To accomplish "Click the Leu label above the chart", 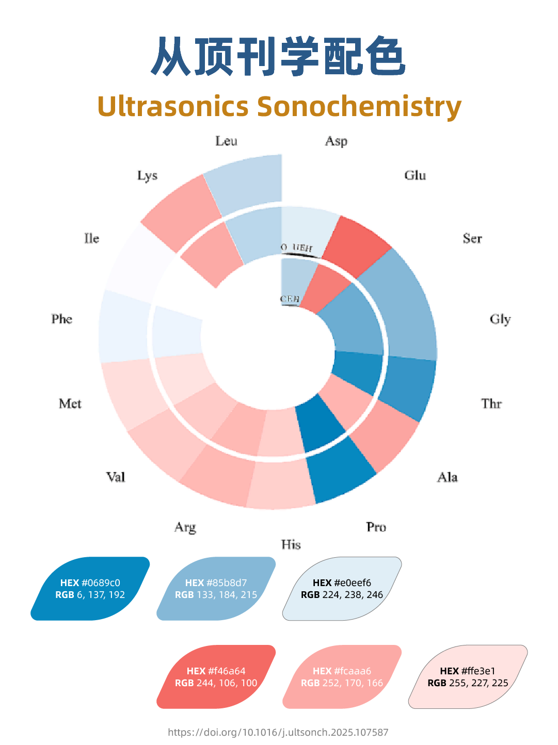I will coord(226,141).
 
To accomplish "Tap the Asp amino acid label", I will coord(336,141).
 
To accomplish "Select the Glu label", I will coord(415,175).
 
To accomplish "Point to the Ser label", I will coord(472,238).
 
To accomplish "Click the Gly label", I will coord(500,319).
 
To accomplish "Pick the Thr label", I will coord(491,403).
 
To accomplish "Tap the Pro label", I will coord(376,527).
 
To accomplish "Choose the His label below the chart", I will coord(291,545).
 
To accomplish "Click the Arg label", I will coord(185,527).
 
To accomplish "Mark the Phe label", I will coord(62,319).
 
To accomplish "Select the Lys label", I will coord(147,176).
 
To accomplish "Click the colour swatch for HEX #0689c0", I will coord(90,589).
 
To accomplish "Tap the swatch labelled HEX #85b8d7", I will coord(216,589).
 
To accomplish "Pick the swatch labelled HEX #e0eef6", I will coord(342,589).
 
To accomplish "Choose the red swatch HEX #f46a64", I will coord(216,677).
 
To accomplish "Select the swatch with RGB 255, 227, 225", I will coord(468,677).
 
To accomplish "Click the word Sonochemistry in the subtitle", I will coord(359,107).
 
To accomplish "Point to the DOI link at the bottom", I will coord(278,732).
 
